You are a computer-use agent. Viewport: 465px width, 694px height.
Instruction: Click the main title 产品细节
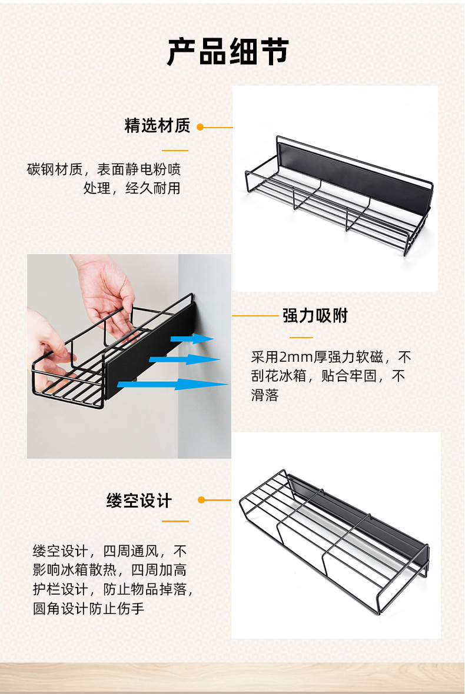(x=228, y=51)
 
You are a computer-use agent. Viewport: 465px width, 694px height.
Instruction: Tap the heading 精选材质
(x=157, y=126)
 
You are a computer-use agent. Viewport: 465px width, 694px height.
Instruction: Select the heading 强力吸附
(x=315, y=316)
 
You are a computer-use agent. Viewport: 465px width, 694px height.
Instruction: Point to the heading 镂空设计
(x=139, y=501)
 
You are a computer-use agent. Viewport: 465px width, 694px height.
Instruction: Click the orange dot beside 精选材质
(x=200, y=126)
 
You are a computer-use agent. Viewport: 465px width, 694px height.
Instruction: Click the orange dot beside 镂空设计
(x=201, y=500)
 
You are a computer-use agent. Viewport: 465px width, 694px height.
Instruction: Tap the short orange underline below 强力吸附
(x=301, y=338)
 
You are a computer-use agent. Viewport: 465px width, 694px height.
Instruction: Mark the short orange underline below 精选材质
(x=175, y=151)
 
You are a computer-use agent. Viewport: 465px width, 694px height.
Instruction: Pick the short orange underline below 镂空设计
(x=175, y=521)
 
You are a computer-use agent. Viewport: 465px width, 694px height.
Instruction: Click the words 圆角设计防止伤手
(x=88, y=608)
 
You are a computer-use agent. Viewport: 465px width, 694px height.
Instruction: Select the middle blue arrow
(x=185, y=359)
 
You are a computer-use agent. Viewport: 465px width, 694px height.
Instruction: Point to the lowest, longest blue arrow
(x=173, y=385)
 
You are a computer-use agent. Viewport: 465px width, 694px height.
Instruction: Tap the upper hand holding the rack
(x=106, y=288)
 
